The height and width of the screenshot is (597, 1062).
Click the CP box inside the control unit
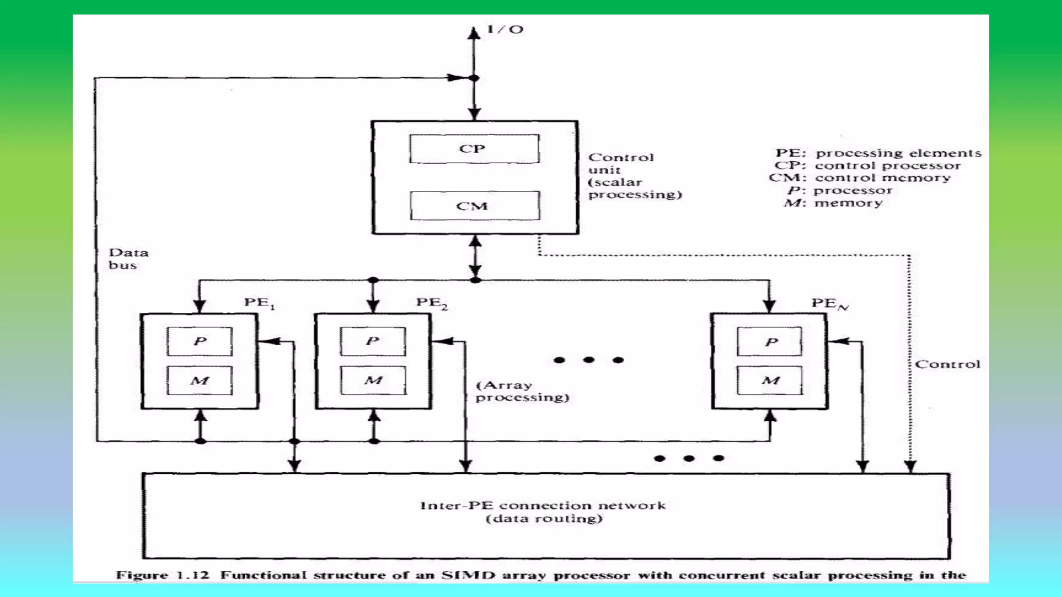(x=474, y=149)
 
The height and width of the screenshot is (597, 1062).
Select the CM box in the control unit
(x=474, y=206)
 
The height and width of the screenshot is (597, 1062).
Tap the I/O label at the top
(x=505, y=30)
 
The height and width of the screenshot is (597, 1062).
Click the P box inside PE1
(x=200, y=341)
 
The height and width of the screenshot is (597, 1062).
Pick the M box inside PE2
(x=373, y=380)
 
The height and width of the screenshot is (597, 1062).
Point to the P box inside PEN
(x=770, y=342)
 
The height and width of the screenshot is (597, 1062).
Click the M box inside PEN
(x=770, y=380)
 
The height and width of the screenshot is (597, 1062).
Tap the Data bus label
(x=128, y=259)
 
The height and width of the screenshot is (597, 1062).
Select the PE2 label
(x=431, y=303)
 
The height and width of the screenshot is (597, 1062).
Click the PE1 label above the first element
(x=259, y=303)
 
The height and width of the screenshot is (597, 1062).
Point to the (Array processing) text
(x=521, y=391)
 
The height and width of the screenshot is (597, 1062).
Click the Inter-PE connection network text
(x=542, y=505)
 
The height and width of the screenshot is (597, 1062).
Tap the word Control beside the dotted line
(x=947, y=364)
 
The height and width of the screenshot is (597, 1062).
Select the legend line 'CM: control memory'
(x=860, y=178)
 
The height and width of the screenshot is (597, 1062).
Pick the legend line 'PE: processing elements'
(x=877, y=153)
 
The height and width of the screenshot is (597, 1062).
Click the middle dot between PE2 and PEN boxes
(x=589, y=360)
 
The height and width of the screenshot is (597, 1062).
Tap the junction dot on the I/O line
(x=474, y=78)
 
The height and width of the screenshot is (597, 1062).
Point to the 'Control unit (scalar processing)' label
(x=634, y=176)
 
